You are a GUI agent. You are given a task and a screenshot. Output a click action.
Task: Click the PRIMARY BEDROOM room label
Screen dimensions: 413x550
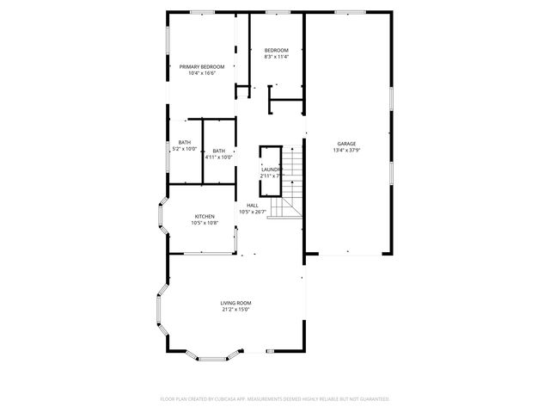pyautogui.click(x=202, y=66)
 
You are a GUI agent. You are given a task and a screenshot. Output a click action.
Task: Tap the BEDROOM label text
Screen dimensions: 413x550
pyautogui.click(x=276, y=51)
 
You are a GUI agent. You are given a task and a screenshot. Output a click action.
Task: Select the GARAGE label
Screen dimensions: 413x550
pyautogui.click(x=346, y=144)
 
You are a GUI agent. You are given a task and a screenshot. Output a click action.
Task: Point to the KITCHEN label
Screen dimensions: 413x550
pyautogui.click(x=204, y=216)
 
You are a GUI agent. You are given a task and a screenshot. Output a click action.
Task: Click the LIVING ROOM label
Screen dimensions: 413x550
pyautogui.click(x=235, y=302)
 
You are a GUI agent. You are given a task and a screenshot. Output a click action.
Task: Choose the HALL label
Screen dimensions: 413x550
pyautogui.click(x=253, y=205)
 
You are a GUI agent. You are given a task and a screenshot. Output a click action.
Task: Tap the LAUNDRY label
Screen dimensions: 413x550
pyautogui.click(x=272, y=170)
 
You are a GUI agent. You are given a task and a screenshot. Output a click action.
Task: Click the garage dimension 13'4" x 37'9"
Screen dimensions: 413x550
pyautogui.click(x=346, y=151)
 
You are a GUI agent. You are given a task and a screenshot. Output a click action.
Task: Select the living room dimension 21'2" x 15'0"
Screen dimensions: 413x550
pyautogui.click(x=235, y=309)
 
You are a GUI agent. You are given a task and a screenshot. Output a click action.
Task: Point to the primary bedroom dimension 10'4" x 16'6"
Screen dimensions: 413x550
pyautogui.click(x=202, y=73)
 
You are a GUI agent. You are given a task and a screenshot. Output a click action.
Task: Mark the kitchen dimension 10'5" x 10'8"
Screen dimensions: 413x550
pyautogui.click(x=204, y=223)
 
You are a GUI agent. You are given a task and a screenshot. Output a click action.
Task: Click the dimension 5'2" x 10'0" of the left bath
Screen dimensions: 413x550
pyautogui.click(x=185, y=149)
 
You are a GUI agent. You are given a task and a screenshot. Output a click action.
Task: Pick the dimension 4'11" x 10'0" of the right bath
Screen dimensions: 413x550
pyautogui.click(x=219, y=157)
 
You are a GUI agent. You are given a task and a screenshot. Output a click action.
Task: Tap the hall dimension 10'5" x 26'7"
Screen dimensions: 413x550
pyautogui.click(x=253, y=212)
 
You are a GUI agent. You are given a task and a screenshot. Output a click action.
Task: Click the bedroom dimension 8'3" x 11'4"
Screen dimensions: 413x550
pyautogui.click(x=276, y=58)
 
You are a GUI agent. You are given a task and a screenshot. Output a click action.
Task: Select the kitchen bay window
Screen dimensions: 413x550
pyautogui.click(x=159, y=219)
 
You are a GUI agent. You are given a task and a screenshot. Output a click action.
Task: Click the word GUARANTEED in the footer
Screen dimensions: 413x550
pyautogui.click(x=370, y=399)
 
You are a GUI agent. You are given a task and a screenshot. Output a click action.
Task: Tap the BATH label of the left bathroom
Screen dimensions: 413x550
pyautogui.click(x=185, y=142)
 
